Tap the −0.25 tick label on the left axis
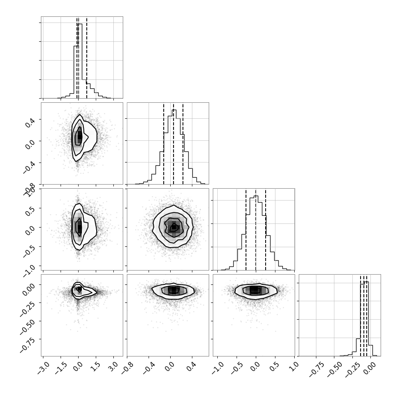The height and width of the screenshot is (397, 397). (27, 309)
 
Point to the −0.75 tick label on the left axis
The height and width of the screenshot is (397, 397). (27, 345)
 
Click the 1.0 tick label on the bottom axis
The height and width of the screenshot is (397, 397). (294, 366)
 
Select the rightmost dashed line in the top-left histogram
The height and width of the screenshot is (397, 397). (87, 58)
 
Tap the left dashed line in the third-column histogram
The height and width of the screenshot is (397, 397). (246, 230)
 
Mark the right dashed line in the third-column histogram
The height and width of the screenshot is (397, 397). (266, 230)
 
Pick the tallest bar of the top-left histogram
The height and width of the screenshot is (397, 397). (80, 61)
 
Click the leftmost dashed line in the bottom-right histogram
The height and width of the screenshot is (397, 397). (361, 316)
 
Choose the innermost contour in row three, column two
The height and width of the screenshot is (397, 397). (174, 227)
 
